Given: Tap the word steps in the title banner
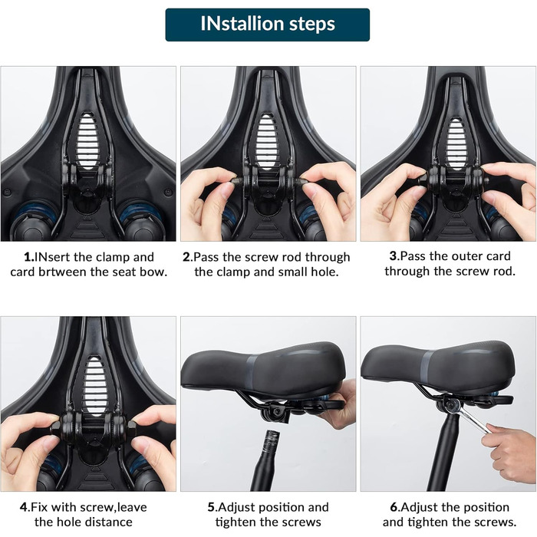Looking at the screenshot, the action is (312, 25).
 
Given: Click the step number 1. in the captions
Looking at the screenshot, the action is (29, 257).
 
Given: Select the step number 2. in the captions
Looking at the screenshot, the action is (188, 257).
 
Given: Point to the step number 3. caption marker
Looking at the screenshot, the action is (395, 256).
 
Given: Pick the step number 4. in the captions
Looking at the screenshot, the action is (25, 507).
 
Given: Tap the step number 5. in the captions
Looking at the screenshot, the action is (212, 507).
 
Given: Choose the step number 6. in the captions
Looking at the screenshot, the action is (395, 507).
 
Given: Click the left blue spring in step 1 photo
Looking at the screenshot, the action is (35, 212).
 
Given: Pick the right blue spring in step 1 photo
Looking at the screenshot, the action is (140, 212).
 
